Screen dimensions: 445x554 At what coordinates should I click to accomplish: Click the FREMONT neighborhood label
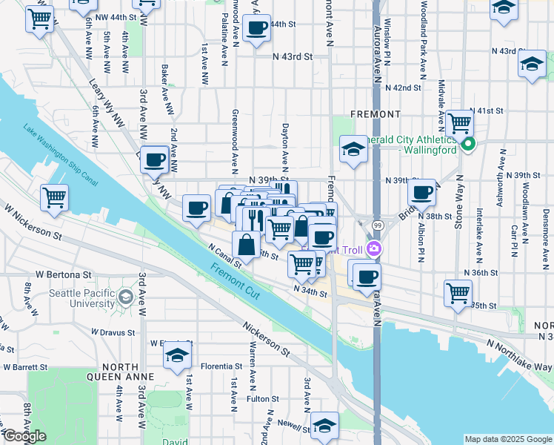click(375, 114)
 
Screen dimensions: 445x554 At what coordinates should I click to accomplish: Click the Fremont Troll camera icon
click(375, 249)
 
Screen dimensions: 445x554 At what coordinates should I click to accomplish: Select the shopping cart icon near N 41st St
click(459, 122)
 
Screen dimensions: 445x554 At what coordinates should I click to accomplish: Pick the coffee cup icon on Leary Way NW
click(154, 159)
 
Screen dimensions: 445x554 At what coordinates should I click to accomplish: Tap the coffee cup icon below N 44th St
click(256, 30)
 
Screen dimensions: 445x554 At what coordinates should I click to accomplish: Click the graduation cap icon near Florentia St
click(177, 357)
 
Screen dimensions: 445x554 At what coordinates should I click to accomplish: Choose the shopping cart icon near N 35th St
click(458, 292)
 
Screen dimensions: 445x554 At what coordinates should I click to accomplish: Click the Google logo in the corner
click(24, 436)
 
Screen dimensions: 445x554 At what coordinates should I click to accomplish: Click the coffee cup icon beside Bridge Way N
click(421, 193)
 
